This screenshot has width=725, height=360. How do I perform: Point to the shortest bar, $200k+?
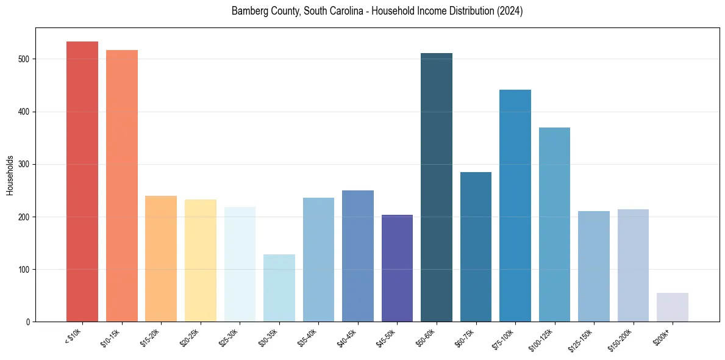[673, 308]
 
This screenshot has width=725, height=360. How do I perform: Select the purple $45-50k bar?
[397, 268]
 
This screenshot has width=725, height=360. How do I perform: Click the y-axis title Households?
[10, 175]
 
